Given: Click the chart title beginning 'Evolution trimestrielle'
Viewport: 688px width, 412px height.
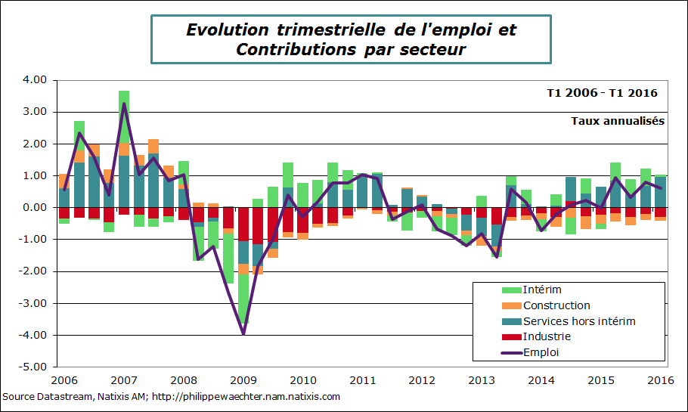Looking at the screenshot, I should pos(351,39).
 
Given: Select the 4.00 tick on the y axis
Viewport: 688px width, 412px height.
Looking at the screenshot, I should pos(35,80).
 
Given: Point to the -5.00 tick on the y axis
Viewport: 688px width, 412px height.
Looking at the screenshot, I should pos(33,367).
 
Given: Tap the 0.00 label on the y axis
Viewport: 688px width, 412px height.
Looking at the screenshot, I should pos(35,208).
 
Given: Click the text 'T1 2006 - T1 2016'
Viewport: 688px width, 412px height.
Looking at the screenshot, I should pos(602,93).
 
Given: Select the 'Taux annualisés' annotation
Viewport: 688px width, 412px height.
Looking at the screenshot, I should pos(617,120).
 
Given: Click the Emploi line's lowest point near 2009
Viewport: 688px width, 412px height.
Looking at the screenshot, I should pos(243,333).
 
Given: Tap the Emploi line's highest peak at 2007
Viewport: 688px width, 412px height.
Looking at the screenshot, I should pos(124,104).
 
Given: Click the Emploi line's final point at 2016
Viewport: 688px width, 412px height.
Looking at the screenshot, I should pos(662,188).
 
